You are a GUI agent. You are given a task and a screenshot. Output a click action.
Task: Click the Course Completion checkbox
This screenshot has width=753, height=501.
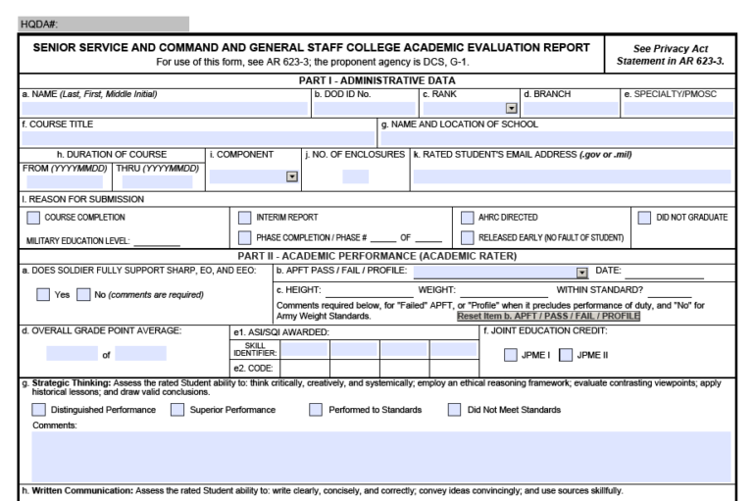point(35,217)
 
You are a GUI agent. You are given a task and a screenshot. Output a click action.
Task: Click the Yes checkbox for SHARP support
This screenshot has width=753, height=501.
point(43,293)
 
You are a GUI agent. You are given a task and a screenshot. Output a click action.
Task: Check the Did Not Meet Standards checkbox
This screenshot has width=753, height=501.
point(455,408)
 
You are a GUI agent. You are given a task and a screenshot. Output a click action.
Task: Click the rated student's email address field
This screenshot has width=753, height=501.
point(573,176)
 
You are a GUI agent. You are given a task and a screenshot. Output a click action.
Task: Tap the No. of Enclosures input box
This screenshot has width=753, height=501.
point(356,176)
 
